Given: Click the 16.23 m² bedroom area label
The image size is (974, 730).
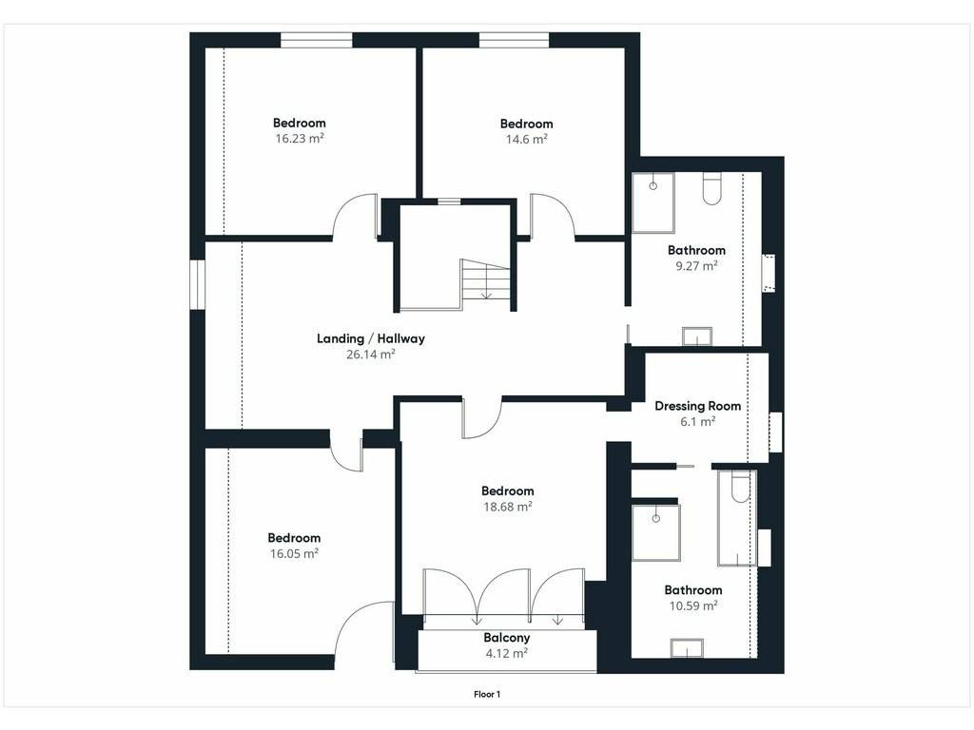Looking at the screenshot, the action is (x=300, y=139).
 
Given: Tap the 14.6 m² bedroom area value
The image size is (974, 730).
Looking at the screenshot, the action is (x=527, y=139).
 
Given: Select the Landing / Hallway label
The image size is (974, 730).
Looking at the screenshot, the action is (x=371, y=338).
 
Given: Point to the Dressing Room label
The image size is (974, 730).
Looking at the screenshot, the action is (x=697, y=406).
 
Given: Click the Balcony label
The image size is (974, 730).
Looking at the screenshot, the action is (x=507, y=638).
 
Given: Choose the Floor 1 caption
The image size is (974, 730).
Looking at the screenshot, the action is (x=487, y=694).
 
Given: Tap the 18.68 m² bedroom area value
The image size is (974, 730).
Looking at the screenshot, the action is (x=508, y=507).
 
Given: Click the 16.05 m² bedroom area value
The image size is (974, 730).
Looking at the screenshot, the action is (x=294, y=554).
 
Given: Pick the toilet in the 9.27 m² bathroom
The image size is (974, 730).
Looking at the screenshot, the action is (x=711, y=189).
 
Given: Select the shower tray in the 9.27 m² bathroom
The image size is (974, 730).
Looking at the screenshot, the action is (x=653, y=203).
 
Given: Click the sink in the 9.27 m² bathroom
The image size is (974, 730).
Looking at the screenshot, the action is (x=697, y=336).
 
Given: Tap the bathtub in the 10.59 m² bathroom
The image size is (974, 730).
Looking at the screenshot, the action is (x=737, y=518).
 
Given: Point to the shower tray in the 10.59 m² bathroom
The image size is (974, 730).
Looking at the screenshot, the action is (x=656, y=532).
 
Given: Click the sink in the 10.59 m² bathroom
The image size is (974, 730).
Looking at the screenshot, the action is (x=687, y=648).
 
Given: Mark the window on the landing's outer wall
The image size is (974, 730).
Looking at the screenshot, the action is (x=197, y=284).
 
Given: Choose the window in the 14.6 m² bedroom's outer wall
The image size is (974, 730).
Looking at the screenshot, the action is (x=514, y=40).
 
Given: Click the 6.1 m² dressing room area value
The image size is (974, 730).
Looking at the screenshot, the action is (x=697, y=421).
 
